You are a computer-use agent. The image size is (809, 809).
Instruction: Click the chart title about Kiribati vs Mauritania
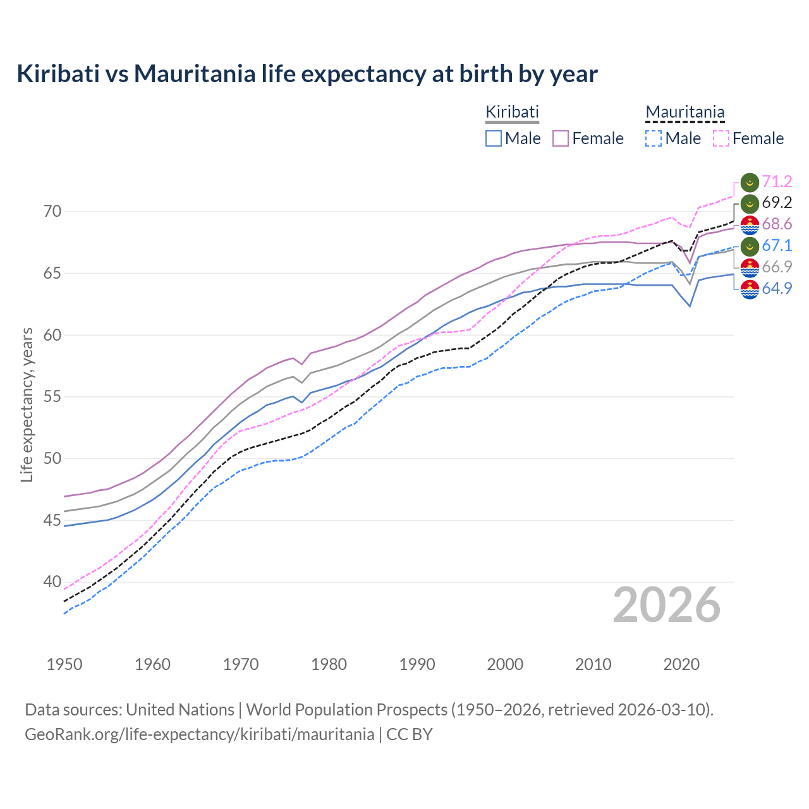coord(307,74)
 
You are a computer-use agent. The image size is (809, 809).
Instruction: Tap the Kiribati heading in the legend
coord(512,112)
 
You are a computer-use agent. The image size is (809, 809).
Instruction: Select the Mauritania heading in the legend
coord(684,112)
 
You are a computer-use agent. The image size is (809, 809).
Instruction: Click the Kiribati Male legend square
coord(494,138)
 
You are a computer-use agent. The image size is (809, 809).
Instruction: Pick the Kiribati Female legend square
coord(561,138)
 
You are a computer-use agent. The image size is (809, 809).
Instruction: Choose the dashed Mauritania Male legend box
coord(654,138)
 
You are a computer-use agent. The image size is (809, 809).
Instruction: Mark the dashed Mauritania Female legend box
coord(721,138)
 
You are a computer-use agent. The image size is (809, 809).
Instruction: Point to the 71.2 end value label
coord(777,182)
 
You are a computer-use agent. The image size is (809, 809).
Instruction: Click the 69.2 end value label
coord(777,203)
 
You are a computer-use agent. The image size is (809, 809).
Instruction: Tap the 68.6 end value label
coord(777,224)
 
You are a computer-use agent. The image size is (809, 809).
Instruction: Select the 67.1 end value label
coord(777,246)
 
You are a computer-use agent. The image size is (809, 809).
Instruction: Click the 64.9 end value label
coord(777,289)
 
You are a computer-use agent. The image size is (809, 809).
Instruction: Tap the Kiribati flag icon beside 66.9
coord(750,267)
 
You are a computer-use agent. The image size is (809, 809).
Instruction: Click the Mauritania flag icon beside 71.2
coord(750,182)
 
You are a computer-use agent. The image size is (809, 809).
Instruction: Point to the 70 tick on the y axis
coord(52,211)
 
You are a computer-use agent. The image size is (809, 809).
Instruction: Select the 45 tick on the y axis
coord(52,520)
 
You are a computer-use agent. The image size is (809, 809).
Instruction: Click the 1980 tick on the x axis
coord(329,664)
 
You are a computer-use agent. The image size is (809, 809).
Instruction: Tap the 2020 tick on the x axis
coord(681,664)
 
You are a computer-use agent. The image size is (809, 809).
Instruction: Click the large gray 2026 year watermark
coord(666,605)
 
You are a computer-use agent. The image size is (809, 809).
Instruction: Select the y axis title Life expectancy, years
coord(27,404)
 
